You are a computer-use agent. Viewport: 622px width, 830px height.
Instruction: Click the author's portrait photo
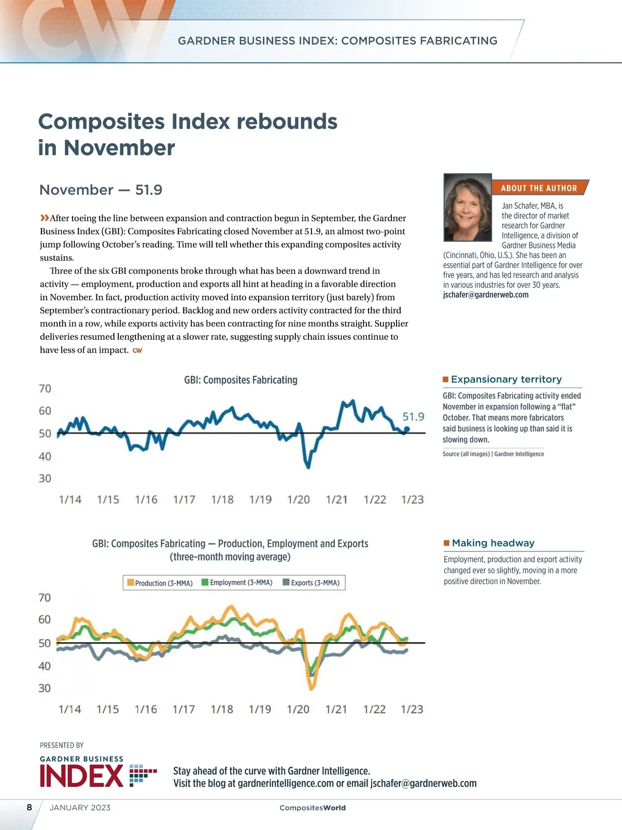[x=468, y=208]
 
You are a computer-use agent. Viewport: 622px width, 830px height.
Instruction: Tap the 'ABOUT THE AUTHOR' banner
[x=539, y=188]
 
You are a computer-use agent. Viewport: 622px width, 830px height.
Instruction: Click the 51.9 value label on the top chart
[x=413, y=417]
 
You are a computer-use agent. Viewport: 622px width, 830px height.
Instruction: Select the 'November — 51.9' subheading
[x=101, y=190]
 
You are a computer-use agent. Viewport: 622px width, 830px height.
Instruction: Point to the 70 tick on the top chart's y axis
[x=45, y=389]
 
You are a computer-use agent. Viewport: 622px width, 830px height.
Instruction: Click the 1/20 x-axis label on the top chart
[x=299, y=500]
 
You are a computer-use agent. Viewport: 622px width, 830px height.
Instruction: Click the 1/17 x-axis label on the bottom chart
[x=183, y=709]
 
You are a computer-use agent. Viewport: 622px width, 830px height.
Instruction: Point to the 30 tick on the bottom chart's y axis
[x=45, y=688]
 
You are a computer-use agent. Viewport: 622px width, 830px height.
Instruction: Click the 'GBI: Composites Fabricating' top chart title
[x=241, y=380]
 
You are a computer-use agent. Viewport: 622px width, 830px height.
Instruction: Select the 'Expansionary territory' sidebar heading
[x=506, y=379]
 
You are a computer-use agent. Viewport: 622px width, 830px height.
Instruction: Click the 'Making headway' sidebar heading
[x=492, y=543]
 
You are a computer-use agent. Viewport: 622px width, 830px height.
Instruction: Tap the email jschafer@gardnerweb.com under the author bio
[x=486, y=295]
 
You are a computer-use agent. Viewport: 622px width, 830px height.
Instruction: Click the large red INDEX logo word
[x=81, y=777]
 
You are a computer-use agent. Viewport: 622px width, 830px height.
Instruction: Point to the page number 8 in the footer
[x=30, y=807]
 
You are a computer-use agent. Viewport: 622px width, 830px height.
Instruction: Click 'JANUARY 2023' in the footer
[x=80, y=808]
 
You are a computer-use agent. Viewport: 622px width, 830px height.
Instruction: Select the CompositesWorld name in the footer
[x=312, y=808]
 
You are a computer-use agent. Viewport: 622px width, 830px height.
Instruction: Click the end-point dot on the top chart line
[x=407, y=429]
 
